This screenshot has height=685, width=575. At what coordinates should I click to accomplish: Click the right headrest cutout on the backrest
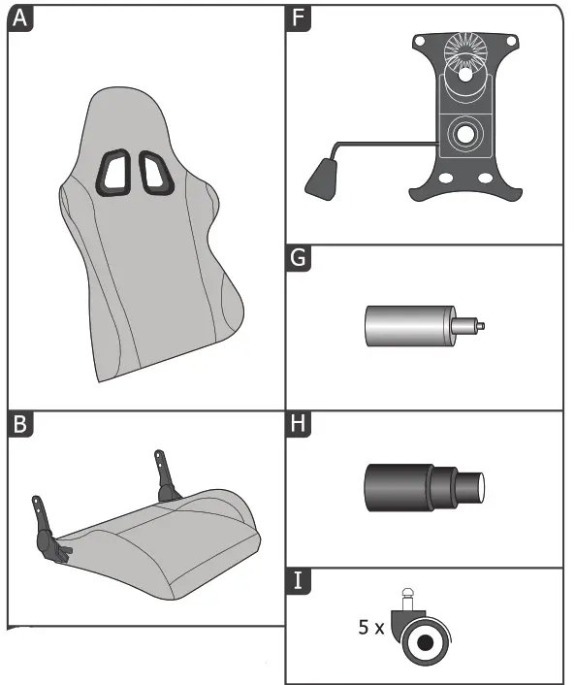154,170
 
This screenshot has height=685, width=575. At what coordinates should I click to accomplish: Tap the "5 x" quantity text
370,628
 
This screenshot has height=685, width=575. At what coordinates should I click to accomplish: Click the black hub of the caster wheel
425,640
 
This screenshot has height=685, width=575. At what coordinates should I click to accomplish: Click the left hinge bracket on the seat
45,529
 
